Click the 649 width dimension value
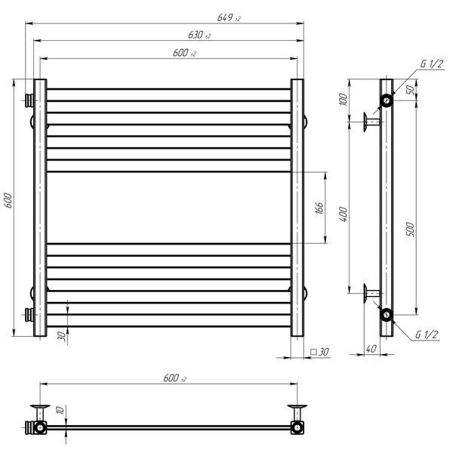click(x=229, y=17)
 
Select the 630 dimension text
click(x=199, y=35)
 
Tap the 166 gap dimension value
click(x=319, y=208)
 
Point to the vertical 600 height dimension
click(x=8, y=200)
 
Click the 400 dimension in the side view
click(x=344, y=214)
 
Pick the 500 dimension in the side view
click(x=410, y=230)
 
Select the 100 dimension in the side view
click(x=344, y=100)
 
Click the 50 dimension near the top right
click(x=411, y=90)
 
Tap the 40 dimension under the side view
click(x=371, y=349)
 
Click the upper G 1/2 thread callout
click(x=432, y=63)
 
